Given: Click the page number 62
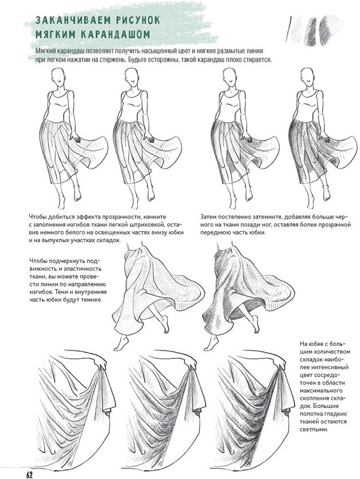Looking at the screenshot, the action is [29, 474].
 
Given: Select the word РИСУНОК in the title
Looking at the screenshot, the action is [137, 21].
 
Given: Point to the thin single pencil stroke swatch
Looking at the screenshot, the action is [288, 29].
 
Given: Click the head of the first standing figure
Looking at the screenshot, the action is [58, 76].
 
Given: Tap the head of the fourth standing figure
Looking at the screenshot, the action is [307, 76].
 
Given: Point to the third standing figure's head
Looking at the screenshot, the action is [230, 76].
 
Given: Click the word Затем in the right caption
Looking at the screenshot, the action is [208, 217].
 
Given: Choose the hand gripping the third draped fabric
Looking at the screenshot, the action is [278, 363].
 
